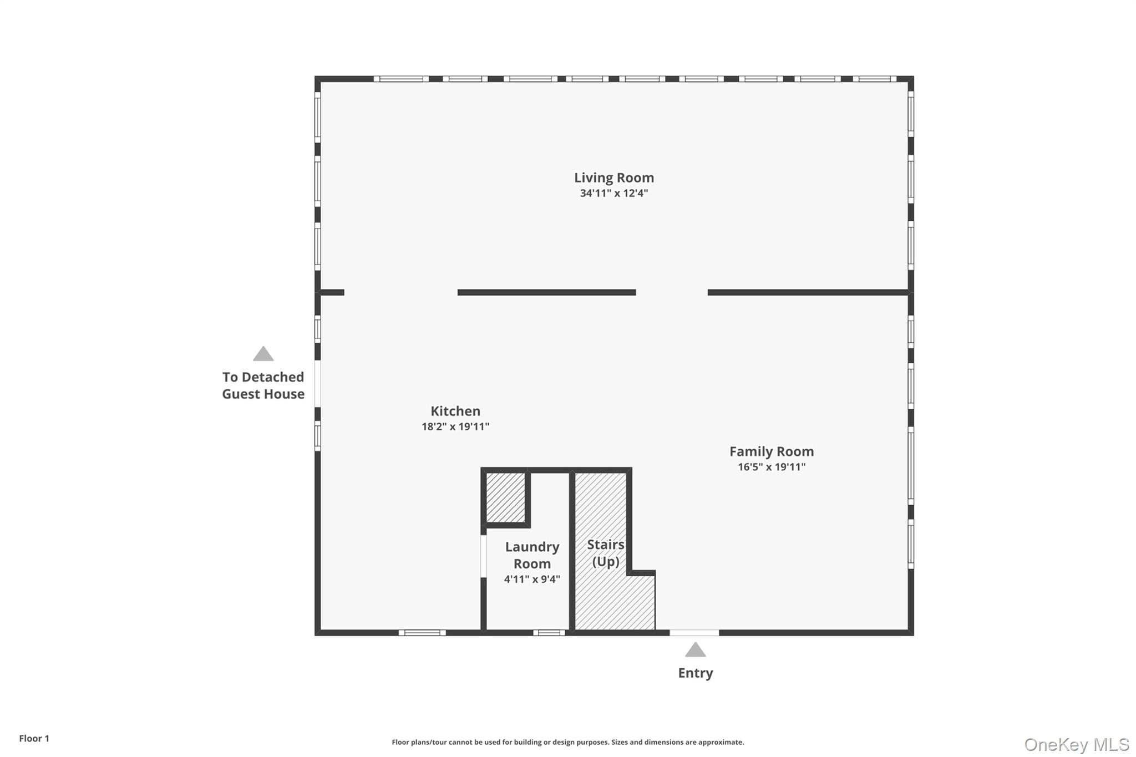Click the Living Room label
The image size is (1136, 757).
point(614,178)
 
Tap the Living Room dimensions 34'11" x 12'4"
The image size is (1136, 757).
point(614,194)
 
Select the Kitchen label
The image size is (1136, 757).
point(455,411)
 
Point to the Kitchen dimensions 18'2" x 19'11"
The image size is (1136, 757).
point(455,426)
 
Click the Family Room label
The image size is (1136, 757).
point(772,451)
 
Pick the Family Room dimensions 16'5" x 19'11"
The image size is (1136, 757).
point(772,467)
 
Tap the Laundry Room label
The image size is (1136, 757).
point(532,555)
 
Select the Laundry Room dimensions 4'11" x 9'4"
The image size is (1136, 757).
point(532,580)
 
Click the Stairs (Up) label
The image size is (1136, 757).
point(606,553)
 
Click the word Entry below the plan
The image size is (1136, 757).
point(696,673)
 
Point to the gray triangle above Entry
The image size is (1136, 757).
point(695,649)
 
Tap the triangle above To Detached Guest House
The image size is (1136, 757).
point(263,354)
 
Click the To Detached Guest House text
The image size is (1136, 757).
point(263,385)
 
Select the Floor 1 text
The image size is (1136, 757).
point(34,739)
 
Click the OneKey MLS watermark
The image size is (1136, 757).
point(1077,744)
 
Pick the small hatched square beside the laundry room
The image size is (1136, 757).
point(505,497)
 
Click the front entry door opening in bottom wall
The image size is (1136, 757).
point(694,633)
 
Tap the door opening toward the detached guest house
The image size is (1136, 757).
point(318,384)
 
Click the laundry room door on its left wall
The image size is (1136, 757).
point(484,556)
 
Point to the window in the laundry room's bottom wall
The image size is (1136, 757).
point(549,633)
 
